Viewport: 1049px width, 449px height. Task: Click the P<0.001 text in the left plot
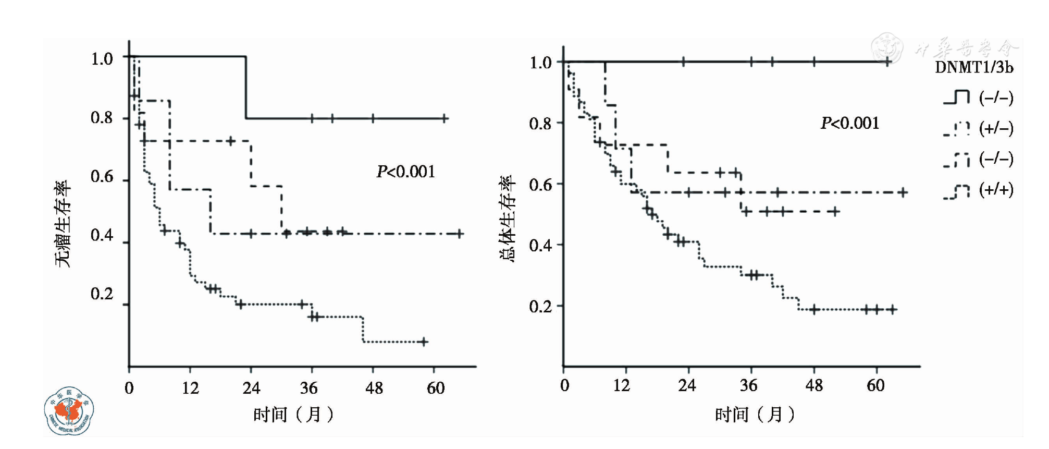[405, 172]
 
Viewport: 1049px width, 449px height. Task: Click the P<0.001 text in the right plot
[849, 123]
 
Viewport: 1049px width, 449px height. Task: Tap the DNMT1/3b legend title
[973, 68]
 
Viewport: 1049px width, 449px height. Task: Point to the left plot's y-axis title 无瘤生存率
[63, 224]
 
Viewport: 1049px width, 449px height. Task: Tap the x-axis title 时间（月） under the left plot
[293, 415]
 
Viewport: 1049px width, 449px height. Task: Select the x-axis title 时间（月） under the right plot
[755, 415]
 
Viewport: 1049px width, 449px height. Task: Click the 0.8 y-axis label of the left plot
[102, 118]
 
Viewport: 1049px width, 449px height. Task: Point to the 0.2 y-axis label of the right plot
[540, 307]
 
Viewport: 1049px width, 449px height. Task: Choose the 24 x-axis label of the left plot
[251, 388]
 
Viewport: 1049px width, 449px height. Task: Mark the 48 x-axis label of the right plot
[814, 386]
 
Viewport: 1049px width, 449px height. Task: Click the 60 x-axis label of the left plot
[436, 388]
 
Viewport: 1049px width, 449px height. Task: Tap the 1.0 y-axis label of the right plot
[540, 63]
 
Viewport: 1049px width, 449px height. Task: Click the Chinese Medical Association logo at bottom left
[68, 411]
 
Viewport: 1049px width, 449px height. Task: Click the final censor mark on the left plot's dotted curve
[424, 342]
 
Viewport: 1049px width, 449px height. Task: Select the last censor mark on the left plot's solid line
[444, 118]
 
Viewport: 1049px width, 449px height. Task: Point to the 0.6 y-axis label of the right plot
[540, 185]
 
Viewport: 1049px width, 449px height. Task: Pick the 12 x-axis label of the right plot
[621, 386]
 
